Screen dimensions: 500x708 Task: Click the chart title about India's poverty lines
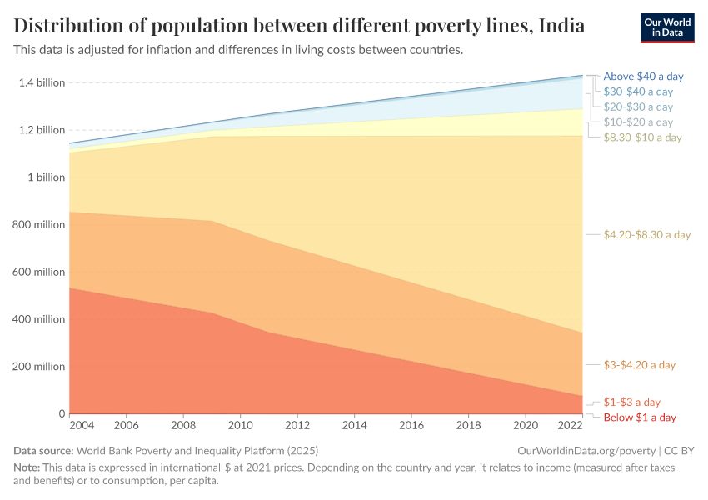point(299,26)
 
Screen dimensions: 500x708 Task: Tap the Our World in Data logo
point(667,27)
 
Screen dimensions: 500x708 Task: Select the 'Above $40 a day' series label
point(643,76)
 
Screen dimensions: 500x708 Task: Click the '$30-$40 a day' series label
point(638,92)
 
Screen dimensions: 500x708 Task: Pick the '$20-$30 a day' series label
point(638,107)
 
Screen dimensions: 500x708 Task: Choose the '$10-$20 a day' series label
point(638,122)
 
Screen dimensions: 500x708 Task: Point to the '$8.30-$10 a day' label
point(642,137)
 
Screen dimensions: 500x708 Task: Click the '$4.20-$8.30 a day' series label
point(647,235)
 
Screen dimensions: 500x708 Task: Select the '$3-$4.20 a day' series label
point(639,365)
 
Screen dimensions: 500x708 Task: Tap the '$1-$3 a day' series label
point(631,402)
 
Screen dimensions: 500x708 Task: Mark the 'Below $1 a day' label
point(640,417)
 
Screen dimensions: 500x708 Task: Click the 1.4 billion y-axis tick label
point(41,82)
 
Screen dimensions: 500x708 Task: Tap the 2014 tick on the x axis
point(354,426)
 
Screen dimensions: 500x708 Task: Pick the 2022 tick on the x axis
point(571,426)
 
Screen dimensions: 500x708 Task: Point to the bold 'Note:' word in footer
point(27,467)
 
